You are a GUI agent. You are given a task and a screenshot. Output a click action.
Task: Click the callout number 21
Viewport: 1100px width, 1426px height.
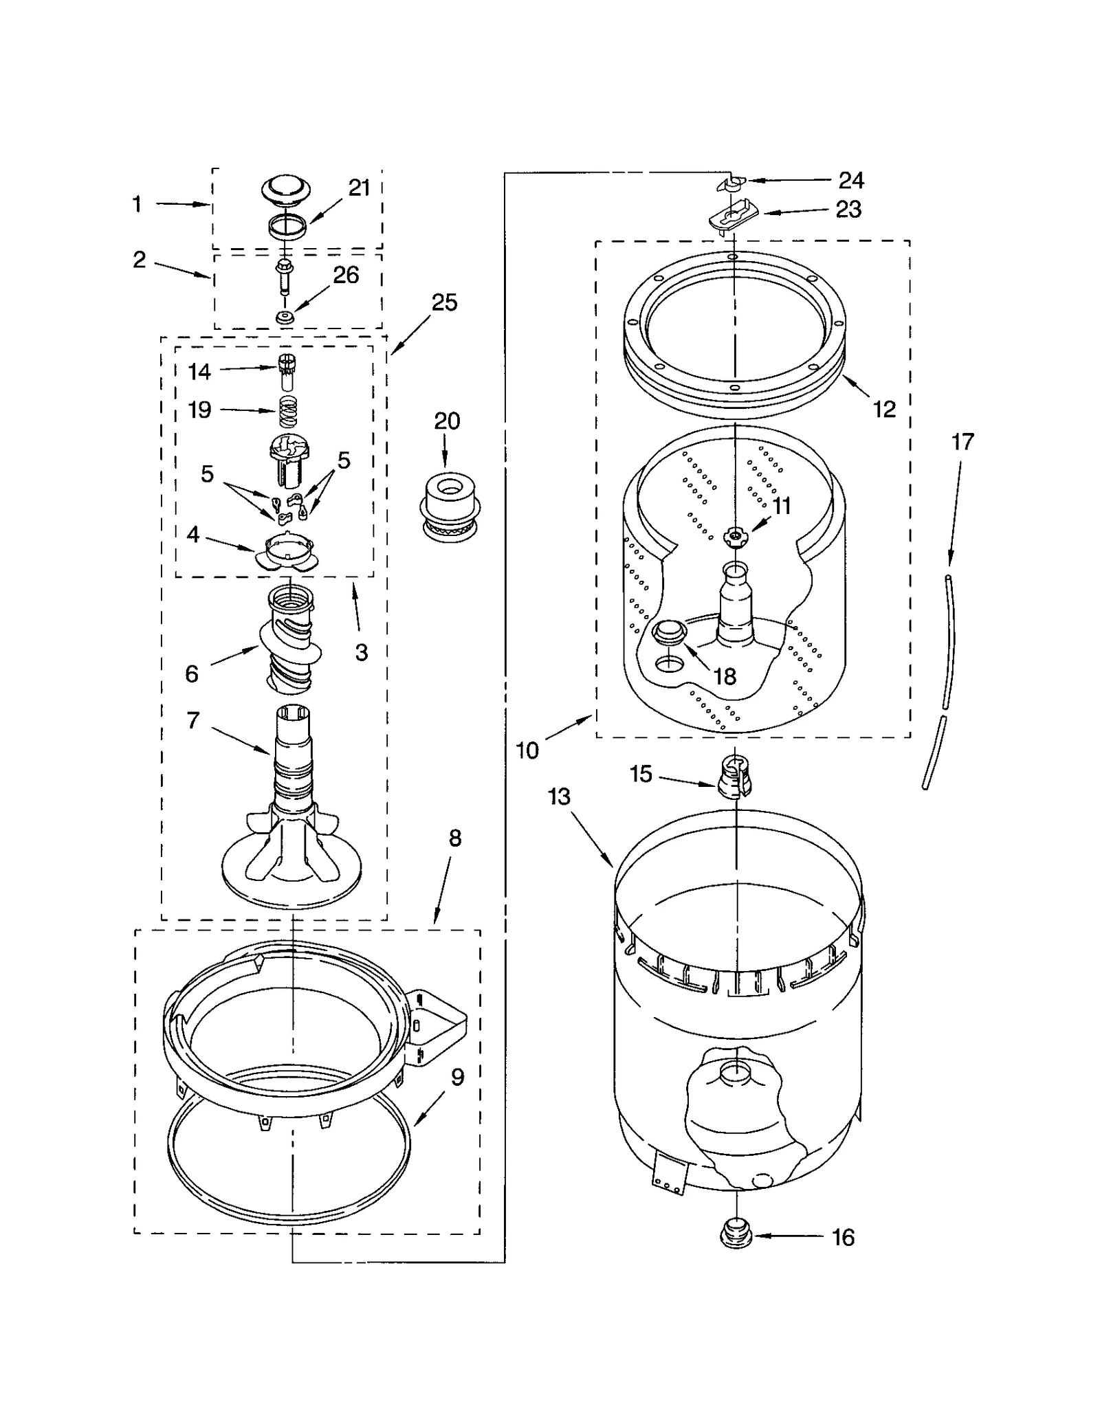(359, 188)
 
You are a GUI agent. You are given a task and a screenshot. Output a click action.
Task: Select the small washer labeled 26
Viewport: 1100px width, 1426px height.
(285, 317)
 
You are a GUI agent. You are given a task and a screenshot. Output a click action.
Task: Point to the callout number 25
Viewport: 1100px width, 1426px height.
(444, 302)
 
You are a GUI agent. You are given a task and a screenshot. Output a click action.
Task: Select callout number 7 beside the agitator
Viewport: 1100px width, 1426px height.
(193, 720)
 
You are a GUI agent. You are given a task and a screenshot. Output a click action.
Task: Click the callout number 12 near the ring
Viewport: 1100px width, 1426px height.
(884, 409)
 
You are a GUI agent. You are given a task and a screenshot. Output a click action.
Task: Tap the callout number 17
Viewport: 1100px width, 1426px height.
(962, 441)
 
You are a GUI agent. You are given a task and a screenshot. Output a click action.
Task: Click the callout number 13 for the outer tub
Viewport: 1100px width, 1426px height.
(559, 796)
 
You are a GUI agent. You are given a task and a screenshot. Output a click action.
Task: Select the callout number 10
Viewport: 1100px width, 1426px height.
(527, 750)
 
